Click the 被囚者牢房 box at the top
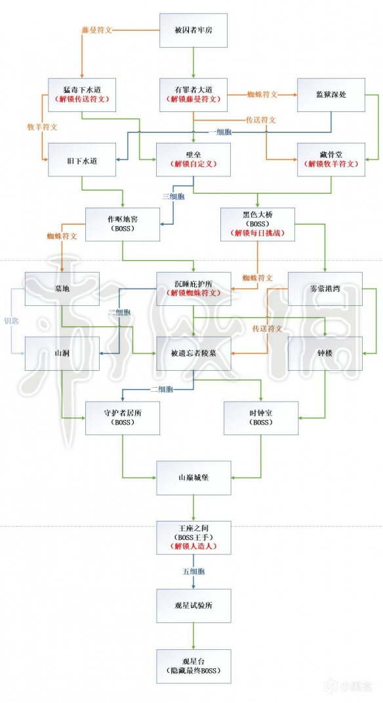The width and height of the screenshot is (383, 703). [193, 30]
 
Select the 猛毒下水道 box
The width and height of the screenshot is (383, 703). [81, 94]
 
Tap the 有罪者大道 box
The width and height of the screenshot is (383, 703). [193, 94]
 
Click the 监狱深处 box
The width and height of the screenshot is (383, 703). [331, 94]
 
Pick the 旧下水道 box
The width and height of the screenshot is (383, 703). [81, 160]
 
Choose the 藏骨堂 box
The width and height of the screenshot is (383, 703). [331, 159]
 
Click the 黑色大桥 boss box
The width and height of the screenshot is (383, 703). [257, 224]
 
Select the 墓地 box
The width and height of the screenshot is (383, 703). [62, 288]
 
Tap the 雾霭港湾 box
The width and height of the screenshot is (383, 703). [325, 288]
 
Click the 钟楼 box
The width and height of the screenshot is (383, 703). [325, 354]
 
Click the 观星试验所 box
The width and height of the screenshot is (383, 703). [193, 605]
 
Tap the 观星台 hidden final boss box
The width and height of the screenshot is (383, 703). [193, 666]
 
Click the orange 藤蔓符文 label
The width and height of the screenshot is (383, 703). [98, 30]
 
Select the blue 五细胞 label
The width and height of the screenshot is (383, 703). [195, 571]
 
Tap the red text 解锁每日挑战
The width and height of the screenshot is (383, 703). [257, 233]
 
